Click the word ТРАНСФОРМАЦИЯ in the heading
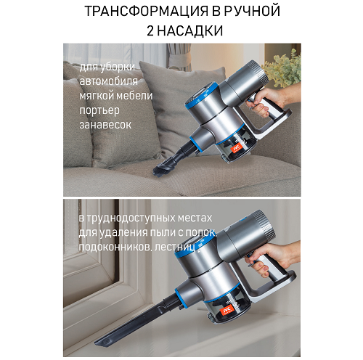(x=147, y=11)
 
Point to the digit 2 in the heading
(x=150, y=31)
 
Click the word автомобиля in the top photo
(x=109, y=81)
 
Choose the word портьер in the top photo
(x=99, y=111)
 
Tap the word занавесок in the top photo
(x=105, y=125)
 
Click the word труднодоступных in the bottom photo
(x=131, y=218)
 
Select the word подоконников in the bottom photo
(x=115, y=247)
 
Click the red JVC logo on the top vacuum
(x=237, y=147)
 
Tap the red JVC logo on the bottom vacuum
(x=227, y=309)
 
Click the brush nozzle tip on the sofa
(x=161, y=171)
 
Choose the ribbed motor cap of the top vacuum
(x=259, y=70)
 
